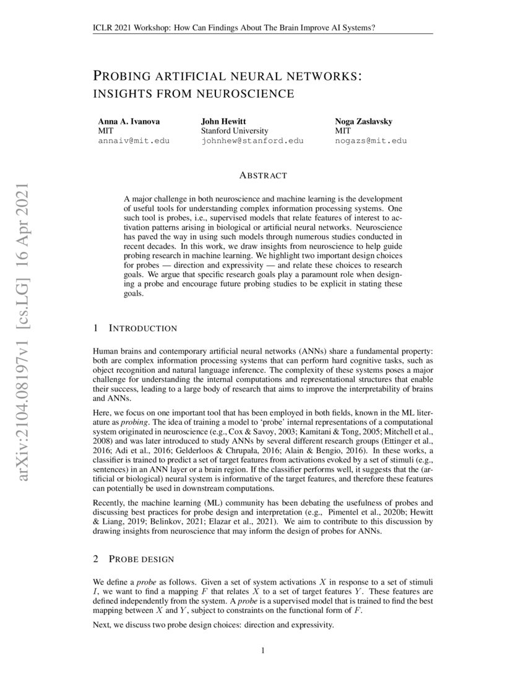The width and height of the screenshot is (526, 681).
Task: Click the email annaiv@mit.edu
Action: click(134, 141)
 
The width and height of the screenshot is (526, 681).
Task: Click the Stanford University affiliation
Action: click(235, 131)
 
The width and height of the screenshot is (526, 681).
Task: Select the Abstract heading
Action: click(262, 176)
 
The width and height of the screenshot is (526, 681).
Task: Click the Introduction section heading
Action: click(142, 328)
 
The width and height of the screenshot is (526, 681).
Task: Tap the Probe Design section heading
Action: click(141, 559)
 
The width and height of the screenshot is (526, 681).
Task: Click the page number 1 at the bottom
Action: click(263, 650)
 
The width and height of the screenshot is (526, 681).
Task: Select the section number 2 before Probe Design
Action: click(96, 559)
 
